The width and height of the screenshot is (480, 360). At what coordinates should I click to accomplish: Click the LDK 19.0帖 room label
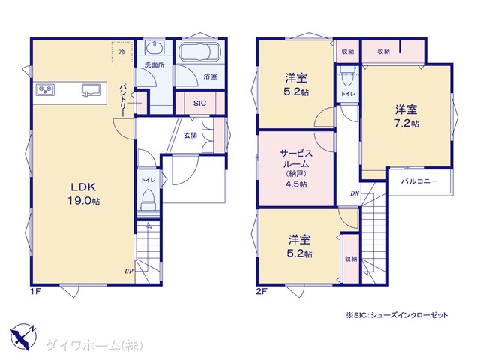tap(83, 193)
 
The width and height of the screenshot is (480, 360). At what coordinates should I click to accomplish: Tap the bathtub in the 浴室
tap(199, 52)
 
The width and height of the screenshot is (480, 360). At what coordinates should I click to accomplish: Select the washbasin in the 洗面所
tap(154, 48)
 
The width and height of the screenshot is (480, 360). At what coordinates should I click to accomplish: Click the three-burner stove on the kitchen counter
tap(45, 89)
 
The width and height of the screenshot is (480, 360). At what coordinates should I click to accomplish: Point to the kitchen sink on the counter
tap(91, 90)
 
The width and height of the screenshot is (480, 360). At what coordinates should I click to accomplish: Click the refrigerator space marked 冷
tap(121, 52)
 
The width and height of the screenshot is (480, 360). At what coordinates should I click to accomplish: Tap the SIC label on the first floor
tap(199, 103)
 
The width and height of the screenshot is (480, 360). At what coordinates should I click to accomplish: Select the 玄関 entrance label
tap(190, 135)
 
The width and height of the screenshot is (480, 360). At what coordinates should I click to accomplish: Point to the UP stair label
tap(129, 271)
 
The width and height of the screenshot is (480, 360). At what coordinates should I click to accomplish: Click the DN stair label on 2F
tap(355, 193)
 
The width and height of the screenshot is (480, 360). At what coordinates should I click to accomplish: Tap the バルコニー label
tap(419, 181)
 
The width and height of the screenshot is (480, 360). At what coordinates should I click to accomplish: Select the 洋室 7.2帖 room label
tap(406, 116)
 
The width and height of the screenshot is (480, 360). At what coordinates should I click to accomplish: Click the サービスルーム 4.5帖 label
tap(296, 169)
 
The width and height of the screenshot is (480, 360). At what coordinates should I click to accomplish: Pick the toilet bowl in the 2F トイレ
tap(346, 76)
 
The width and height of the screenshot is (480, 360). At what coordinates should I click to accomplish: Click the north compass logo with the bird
tap(23, 337)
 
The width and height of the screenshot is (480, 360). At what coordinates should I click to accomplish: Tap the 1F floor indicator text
tap(35, 292)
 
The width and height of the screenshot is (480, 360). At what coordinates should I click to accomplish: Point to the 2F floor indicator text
tap(262, 292)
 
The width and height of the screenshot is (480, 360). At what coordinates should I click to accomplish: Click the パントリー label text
tap(122, 100)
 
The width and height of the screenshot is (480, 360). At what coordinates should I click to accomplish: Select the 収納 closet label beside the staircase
tap(351, 259)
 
